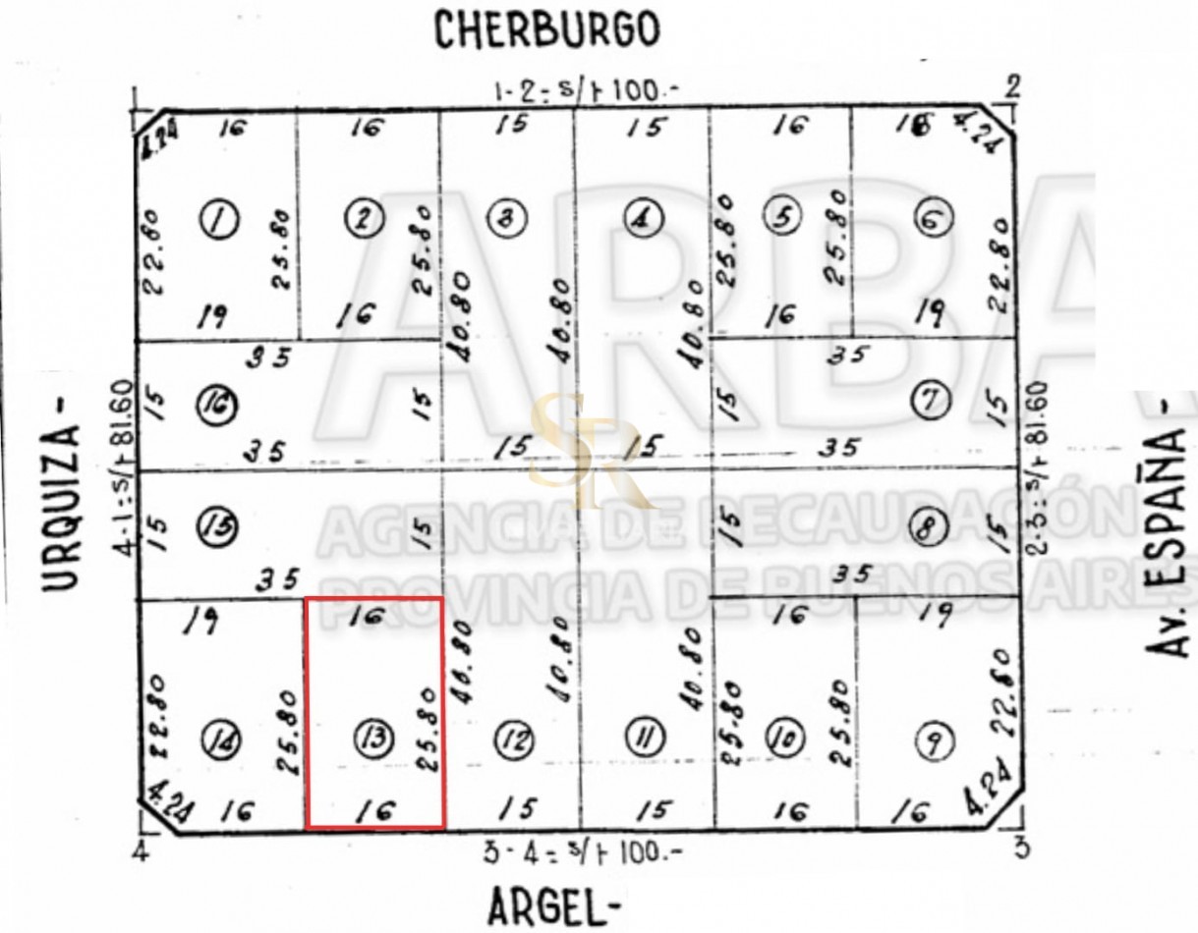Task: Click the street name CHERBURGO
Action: click(x=546, y=30)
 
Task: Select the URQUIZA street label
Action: click(x=61, y=507)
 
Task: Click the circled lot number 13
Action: click(x=373, y=738)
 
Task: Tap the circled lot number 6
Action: click(x=932, y=218)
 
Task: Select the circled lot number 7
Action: click(x=928, y=399)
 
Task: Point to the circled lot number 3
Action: click(x=507, y=218)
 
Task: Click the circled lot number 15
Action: click(x=217, y=526)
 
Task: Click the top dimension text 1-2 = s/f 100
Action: click(x=587, y=92)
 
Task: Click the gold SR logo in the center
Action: click(x=580, y=450)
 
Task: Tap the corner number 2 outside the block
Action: click(x=1013, y=86)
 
